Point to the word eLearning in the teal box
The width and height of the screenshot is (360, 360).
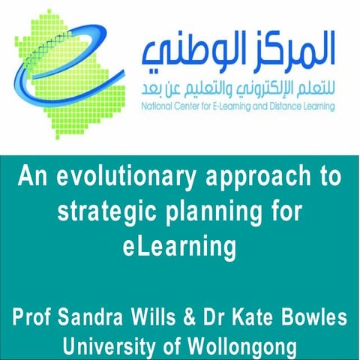click(x=180, y=245)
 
